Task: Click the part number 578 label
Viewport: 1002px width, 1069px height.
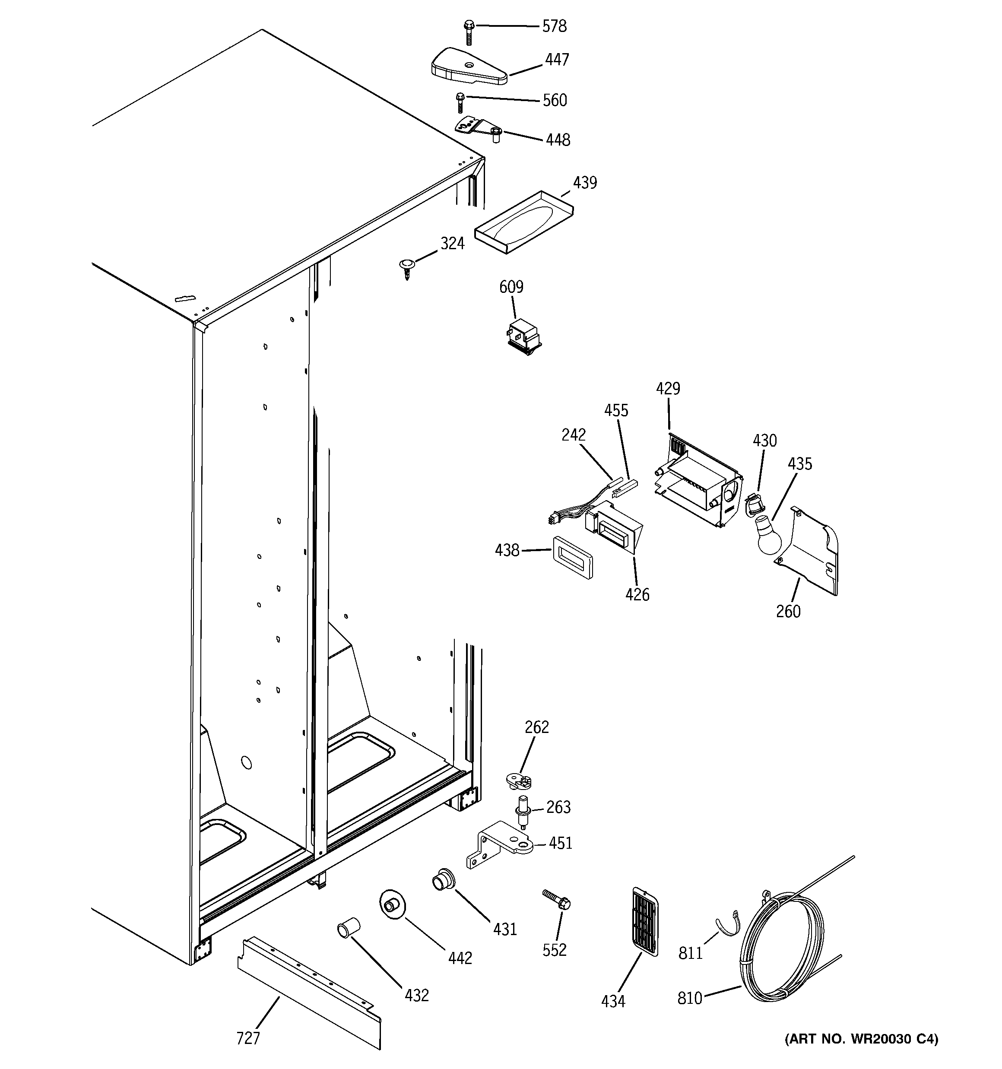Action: click(x=554, y=26)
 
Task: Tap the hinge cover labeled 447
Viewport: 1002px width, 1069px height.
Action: click(x=468, y=67)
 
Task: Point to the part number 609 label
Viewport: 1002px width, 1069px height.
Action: click(x=511, y=287)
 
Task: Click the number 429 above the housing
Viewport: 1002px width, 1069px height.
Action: click(x=668, y=388)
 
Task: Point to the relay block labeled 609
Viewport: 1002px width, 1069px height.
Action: click(x=523, y=336)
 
